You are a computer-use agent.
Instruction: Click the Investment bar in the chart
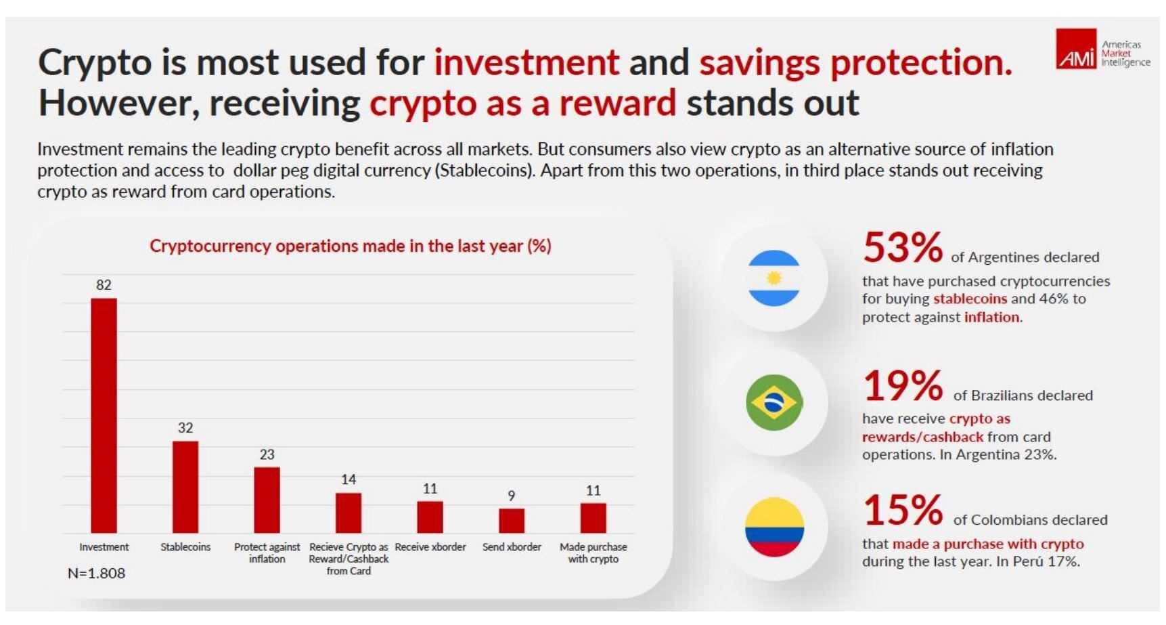point(104,415)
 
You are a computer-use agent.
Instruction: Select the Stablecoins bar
point(185,487)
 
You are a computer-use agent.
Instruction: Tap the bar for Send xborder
point(512,521)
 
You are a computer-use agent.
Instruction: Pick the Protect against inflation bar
point(267,500)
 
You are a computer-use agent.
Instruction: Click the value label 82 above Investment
point(104,285)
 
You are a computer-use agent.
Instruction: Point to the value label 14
point(349,479)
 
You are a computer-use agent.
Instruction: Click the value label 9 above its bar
point(512,496)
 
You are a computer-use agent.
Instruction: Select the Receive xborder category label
point(430,547)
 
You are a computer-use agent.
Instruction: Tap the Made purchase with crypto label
point(593,553)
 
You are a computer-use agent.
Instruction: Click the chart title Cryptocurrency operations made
point(350,246)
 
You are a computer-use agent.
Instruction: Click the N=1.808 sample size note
point(96,574)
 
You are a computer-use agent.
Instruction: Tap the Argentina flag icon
point(774,278)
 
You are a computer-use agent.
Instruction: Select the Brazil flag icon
point(774,402)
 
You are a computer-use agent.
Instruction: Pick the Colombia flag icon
point(774,527)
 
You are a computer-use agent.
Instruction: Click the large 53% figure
point(902,248)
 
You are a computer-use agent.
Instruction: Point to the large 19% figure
point(902,386)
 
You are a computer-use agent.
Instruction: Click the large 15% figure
point(902,511)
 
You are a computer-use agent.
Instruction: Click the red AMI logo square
point(1076,49)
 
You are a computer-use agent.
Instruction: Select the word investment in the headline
point(526,62)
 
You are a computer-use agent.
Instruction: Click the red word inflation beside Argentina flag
point(991,317)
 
